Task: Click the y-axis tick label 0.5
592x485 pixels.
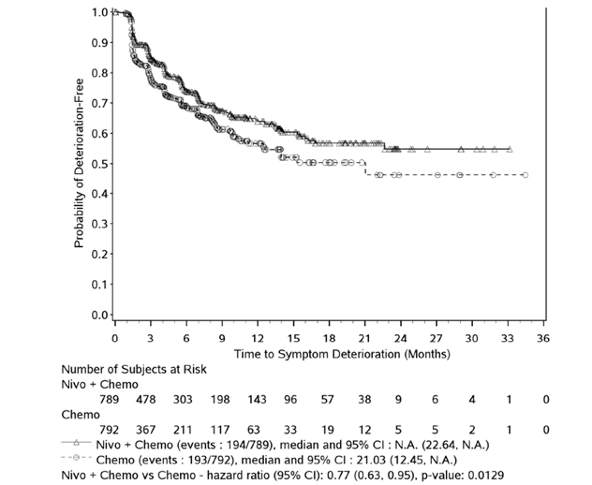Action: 99,164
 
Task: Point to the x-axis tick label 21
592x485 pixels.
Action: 364,338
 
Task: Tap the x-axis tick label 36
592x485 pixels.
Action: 543,338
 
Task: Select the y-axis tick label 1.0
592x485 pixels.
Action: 99,12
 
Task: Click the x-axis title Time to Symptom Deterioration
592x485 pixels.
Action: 342,354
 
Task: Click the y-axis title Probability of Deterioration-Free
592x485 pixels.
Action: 79,163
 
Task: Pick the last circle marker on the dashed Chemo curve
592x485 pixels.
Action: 525,175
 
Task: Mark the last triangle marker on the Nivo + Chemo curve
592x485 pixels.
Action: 510,149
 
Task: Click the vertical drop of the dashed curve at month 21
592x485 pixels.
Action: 365,169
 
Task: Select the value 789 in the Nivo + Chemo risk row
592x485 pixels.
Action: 109,399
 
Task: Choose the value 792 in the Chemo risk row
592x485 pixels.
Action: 109,430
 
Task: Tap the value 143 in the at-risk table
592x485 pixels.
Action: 257,399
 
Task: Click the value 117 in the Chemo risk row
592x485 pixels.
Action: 220,430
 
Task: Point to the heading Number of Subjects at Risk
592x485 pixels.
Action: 134,369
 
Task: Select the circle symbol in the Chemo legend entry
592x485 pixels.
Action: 76,458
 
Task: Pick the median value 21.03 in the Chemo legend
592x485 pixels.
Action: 370,460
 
